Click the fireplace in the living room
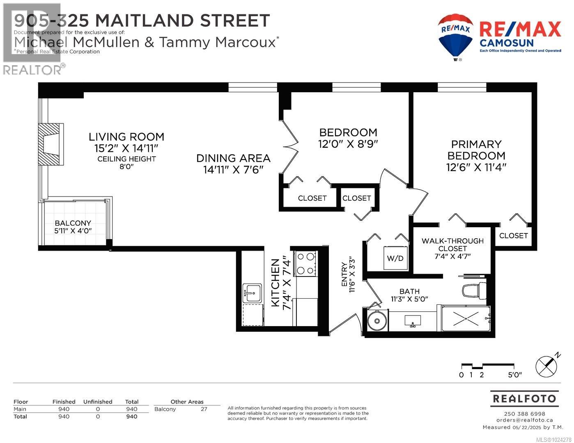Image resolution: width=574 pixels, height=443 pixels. [51, 144]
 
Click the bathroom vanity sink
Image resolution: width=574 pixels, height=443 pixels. [413, 321]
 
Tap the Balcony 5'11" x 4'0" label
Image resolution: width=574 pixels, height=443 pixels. [73, 227]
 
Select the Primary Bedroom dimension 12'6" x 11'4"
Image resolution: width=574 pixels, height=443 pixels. [476, 167]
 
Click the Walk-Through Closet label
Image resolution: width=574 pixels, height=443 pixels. [452, 244]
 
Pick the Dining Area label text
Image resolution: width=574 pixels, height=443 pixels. [233, 158]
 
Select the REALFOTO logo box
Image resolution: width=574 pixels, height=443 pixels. [524, 399]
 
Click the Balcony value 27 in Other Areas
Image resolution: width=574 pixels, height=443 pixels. [204, 409]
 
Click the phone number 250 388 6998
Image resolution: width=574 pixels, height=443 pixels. [524, 413]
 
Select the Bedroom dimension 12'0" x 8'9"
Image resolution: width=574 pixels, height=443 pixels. [348, 144]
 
